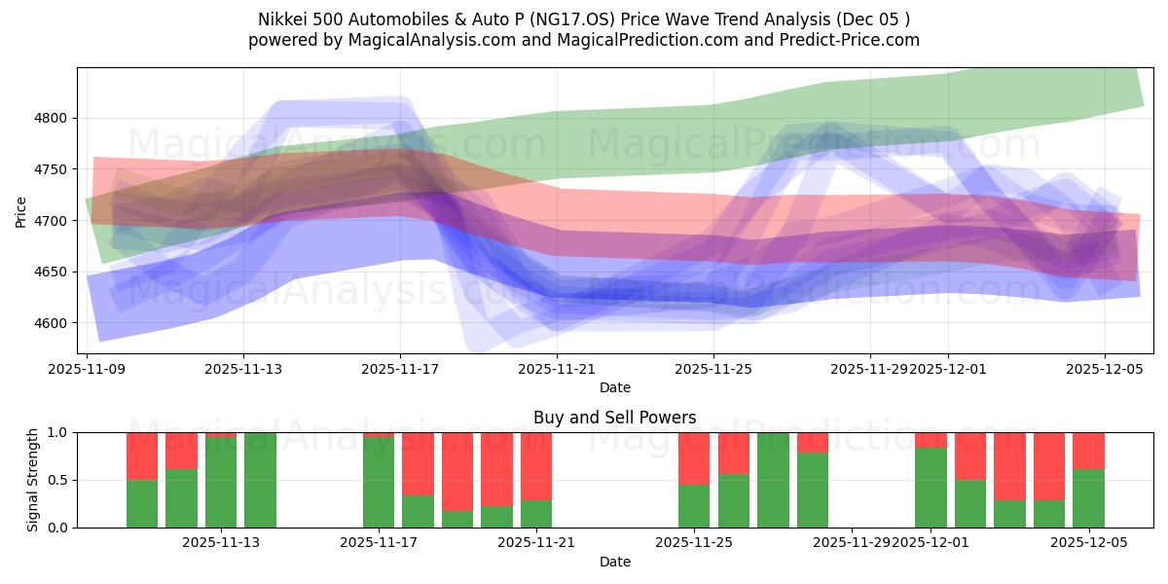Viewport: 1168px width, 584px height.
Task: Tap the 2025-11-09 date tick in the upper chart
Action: click(x=88, y=369)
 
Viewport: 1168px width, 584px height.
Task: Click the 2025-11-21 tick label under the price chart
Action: click(x=556, y=369)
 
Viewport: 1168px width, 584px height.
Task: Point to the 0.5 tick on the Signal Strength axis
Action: click(x=57, y=480)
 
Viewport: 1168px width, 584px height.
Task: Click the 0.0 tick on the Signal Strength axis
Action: click(x=57, y=528)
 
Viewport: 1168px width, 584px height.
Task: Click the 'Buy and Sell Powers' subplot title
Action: click(x=614, y=418)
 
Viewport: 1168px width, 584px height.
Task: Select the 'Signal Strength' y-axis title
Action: click(x=33, y=480)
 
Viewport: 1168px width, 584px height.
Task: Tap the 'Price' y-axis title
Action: click(x=21, y=211)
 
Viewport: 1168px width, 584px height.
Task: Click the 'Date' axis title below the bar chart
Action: click(x=614, y=562)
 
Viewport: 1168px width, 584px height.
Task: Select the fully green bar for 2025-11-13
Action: click(x=260, y=480)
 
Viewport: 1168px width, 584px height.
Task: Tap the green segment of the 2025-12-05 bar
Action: click(x=1088, y=498)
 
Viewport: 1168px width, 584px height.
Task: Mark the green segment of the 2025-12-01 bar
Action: click(x=931, y=488)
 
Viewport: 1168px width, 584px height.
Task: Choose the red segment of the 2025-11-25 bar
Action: click(x=694, y=457)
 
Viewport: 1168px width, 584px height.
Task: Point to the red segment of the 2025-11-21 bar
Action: click(x=536, y=465)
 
